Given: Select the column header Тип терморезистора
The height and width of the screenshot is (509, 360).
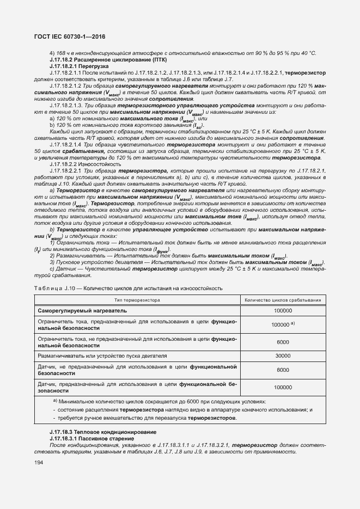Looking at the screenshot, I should point(137,300).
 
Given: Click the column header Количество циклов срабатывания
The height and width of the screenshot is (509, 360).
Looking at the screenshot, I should point(283,300).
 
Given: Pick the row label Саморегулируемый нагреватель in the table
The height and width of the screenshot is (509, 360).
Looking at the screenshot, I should point(82,310).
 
